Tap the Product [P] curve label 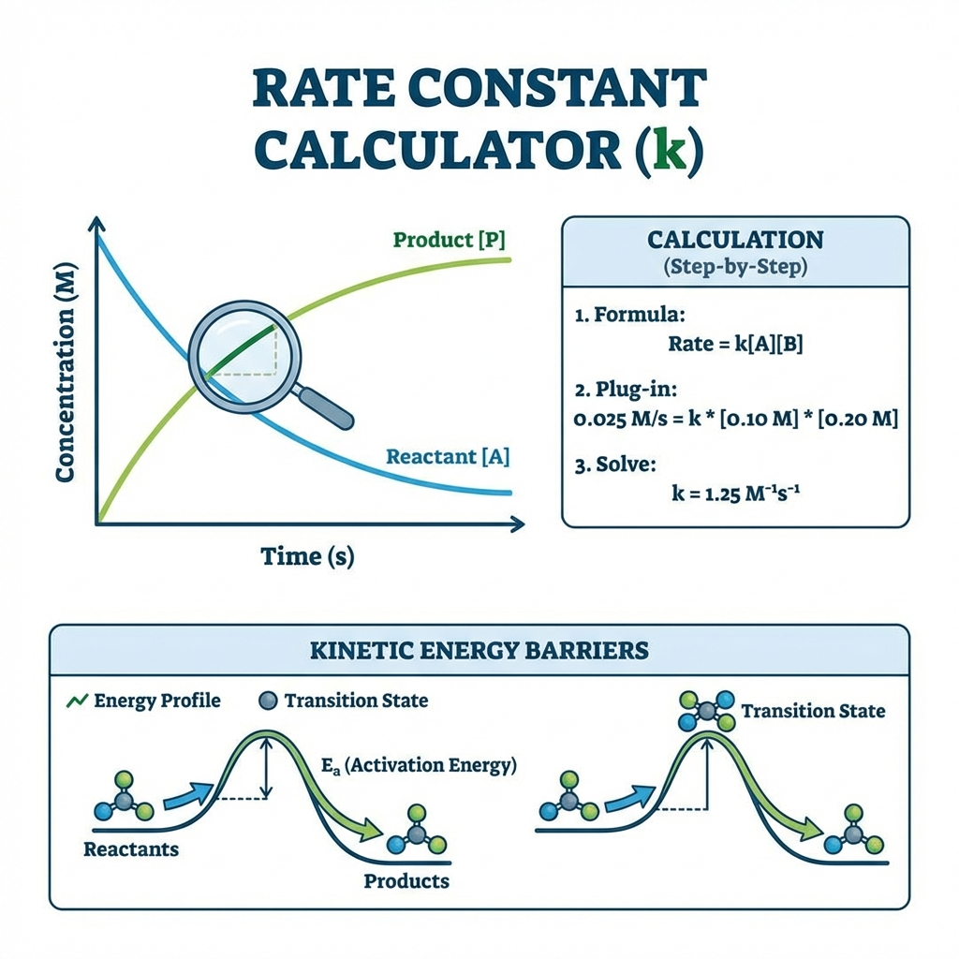449,240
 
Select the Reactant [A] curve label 448,457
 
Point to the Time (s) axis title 307,556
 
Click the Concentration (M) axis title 65,373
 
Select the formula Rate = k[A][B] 735,345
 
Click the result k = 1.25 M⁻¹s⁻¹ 735,493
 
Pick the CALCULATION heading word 735,240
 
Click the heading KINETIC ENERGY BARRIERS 479,650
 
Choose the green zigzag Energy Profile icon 77,701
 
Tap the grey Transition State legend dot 268,701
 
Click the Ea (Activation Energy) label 419,766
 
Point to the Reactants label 131,849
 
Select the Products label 406,881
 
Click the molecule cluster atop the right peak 706,712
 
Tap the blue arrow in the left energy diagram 185,796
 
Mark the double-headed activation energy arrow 265,768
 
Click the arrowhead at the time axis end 518,524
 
